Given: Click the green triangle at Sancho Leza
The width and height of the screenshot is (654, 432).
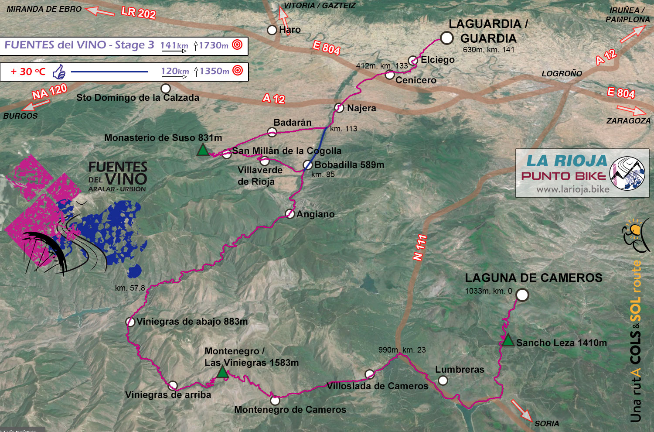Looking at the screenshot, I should [x=508, y=340].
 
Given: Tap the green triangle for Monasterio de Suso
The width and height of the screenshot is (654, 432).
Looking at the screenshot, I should [x=203, y=150].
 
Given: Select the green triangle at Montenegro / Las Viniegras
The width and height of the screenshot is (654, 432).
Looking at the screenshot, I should [x=222, y=372].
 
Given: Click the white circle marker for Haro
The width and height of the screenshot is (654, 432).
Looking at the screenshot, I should [x=272, y=30].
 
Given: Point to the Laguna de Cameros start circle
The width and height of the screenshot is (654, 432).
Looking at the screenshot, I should [x=522, y=295].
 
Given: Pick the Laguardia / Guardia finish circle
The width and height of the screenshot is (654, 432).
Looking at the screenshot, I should [x=446, y=38].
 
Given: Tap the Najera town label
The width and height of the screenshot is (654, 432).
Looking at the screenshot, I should [x=361, y=108].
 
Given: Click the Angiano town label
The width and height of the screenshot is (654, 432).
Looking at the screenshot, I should [x=315, y=214].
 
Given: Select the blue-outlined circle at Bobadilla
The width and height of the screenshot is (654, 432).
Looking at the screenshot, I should [x=308, y=165].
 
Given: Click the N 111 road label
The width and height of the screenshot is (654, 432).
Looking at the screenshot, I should [x=420, y=248].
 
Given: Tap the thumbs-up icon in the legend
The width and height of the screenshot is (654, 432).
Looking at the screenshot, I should [x=59, y=72].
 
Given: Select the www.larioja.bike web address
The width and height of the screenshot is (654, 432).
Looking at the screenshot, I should [x=572, y=189].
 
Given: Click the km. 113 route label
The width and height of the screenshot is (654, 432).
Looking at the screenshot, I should [x=344, y=129].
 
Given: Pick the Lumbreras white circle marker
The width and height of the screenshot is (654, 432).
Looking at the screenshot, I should [x=443, y=381].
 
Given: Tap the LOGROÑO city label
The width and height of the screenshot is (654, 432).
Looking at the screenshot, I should [x=562, y=74].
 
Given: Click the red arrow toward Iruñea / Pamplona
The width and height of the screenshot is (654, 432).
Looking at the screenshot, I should [x=632, y=34].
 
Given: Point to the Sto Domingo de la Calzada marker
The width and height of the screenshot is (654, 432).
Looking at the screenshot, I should [x=166, y=89].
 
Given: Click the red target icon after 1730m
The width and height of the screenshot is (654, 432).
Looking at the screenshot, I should [x=237, y=45].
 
